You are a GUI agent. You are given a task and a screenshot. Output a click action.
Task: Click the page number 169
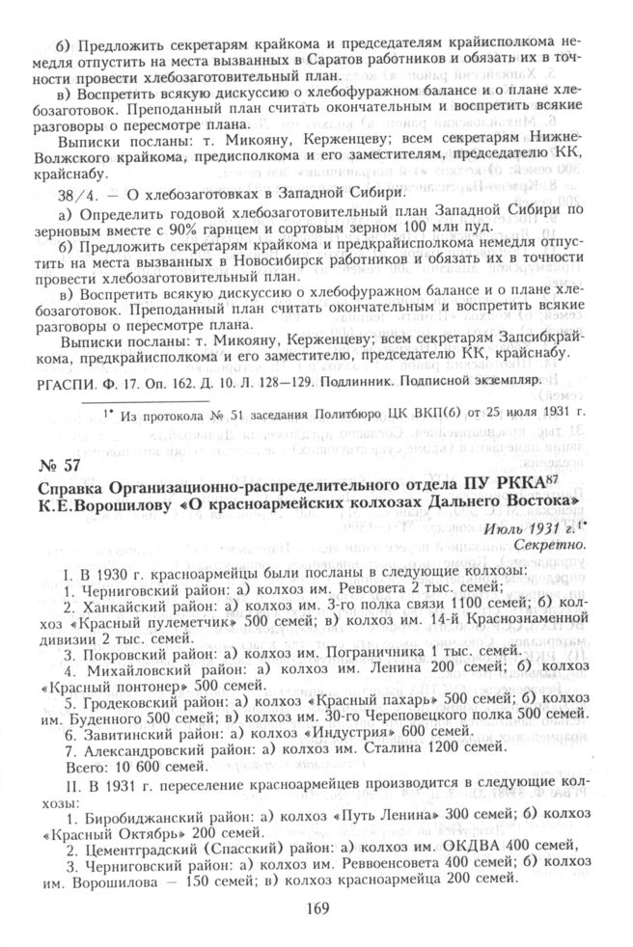pos(317,907)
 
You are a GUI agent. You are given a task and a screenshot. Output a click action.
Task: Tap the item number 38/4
pos(75,194)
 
